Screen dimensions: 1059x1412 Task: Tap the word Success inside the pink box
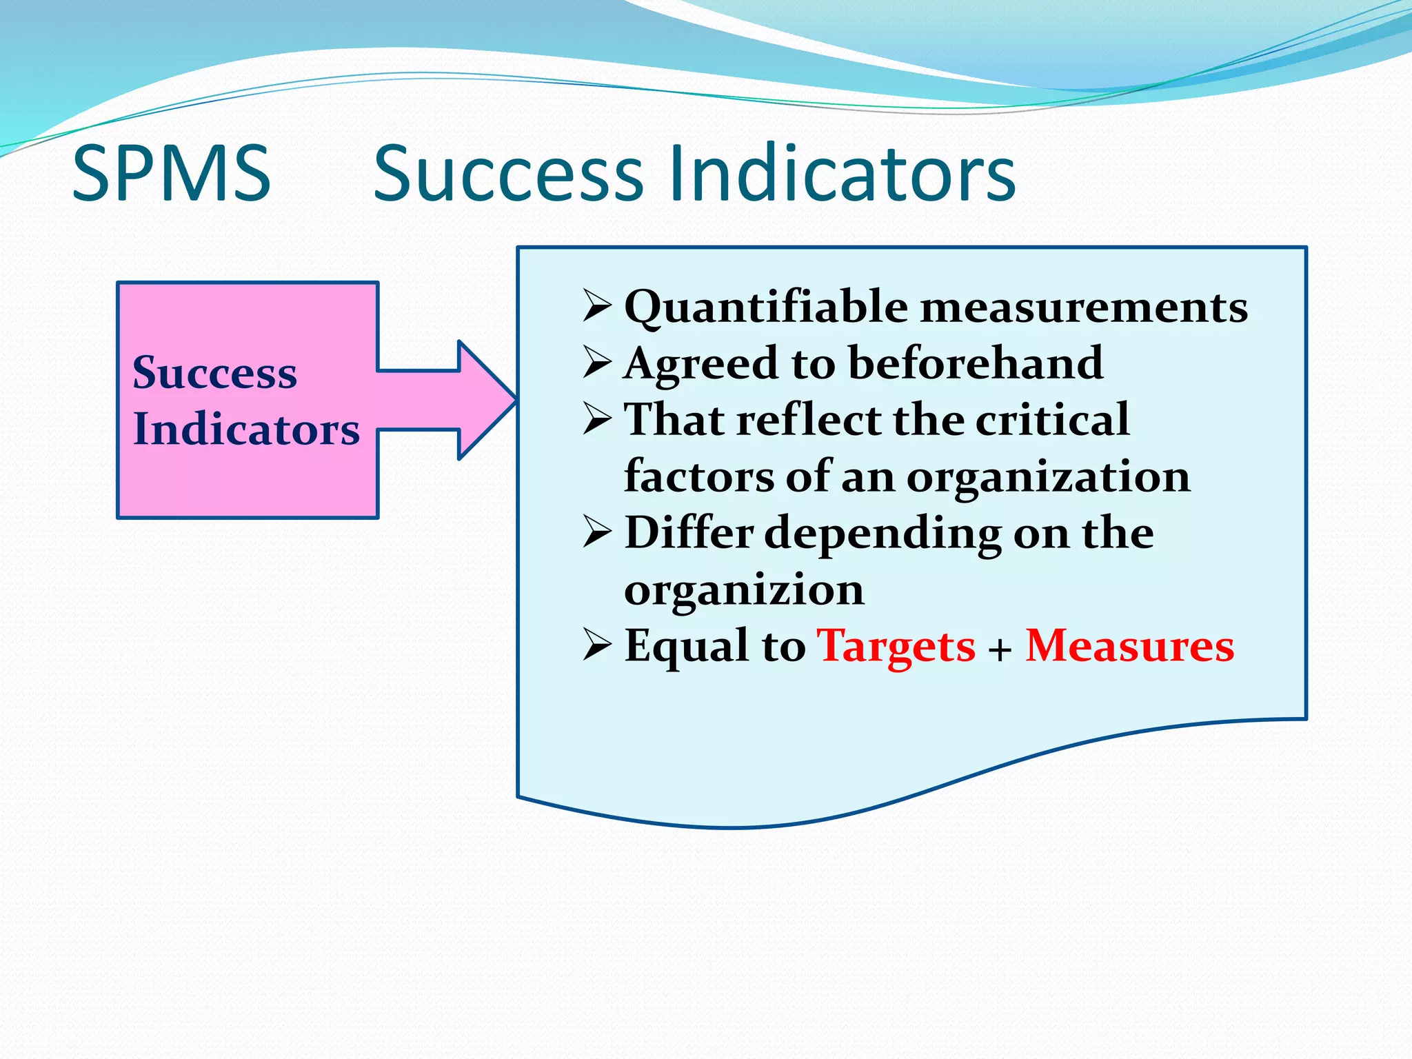(x=214, y=372)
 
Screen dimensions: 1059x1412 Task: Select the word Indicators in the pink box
(x=246, y=429)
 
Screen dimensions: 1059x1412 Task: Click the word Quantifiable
(x=766, y=307)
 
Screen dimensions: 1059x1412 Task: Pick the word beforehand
(x=975, y=363)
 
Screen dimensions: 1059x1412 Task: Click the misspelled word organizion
(x=743, y=590)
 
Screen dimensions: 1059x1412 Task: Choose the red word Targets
(x=896, y=647)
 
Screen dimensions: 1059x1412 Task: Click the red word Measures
(x=1129, y=647)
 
